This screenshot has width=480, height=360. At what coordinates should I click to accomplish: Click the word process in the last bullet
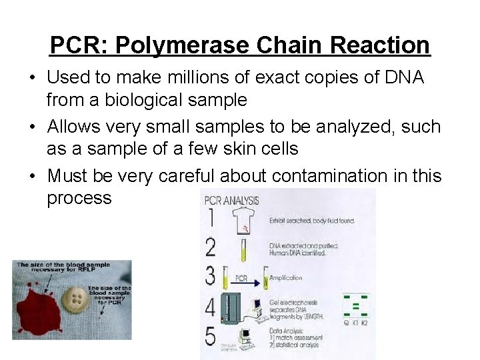click(x=79, y=198)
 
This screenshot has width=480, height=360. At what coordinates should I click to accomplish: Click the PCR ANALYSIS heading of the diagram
click(x=231, y=199)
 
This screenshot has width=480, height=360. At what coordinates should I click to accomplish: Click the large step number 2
click(x=211, y=247)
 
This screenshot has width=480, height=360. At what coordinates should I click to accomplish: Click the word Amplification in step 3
click(x=286, y=277)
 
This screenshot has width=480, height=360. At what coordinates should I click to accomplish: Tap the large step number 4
click(x=211, y=307)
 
